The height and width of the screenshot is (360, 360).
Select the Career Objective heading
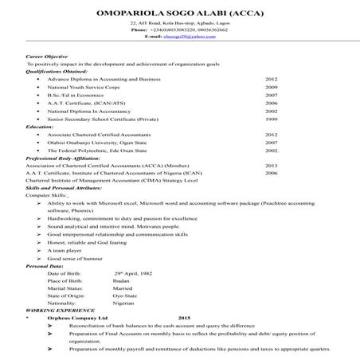pos(49,57)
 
